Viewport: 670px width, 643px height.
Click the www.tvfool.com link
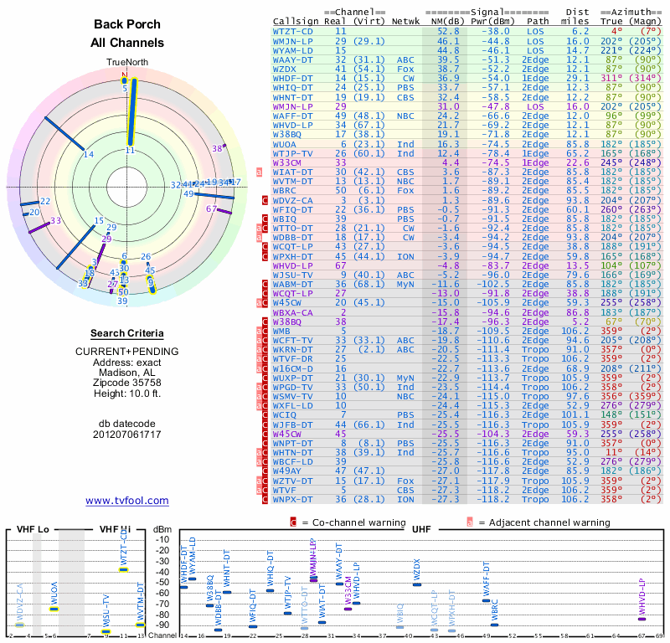coord(127,501)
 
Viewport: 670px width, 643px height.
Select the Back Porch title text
coord(127,25)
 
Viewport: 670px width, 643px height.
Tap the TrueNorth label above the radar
coord(127,63)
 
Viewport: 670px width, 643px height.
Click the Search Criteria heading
coord(127,333)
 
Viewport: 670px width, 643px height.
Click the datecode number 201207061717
coord(127,434)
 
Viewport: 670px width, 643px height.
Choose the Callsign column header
coord(296,19)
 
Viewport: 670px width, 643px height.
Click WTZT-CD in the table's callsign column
coord(296,30)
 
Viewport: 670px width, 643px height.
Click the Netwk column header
coord(406,19)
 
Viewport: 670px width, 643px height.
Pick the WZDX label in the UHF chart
coord(417,571)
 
